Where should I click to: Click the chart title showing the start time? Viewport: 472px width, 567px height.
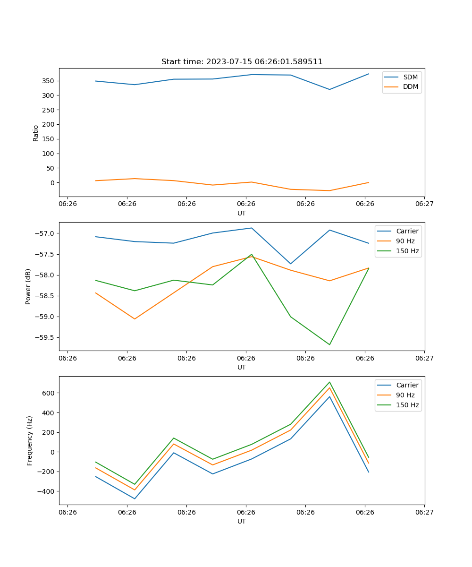tap(242, 62)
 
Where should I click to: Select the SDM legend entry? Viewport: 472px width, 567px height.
tap(410, 77)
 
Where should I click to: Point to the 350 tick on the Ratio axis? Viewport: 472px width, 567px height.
tap(49, 81)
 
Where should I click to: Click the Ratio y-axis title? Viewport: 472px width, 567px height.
tap(36, 132)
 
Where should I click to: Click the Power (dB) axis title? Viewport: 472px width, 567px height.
tap(28, 286)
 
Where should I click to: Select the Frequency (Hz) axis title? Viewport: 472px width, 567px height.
tap(30, 440)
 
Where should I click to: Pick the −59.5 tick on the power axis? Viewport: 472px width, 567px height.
tap(46, 337)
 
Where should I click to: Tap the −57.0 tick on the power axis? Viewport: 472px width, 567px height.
tap(46, 233)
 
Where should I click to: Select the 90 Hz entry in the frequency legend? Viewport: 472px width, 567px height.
tap(405, 395)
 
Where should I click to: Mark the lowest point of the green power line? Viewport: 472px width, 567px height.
tap(329, 344)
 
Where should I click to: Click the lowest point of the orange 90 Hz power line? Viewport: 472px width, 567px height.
tap(135, 319)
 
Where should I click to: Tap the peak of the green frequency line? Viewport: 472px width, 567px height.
tap(329, 382)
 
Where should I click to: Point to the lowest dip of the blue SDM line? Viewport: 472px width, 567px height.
tap(329, 89)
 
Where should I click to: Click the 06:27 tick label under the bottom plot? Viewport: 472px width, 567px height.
tap(424, 512)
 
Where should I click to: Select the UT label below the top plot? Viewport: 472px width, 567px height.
tap(242, 213)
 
